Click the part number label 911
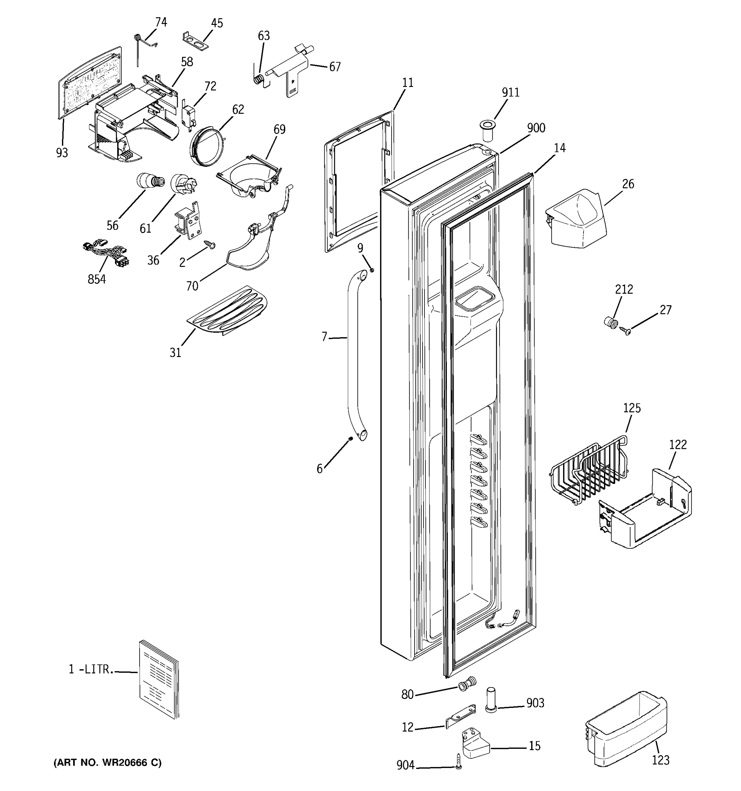coord(510,92)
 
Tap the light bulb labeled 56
coord(150,182)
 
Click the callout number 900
coord(536,128)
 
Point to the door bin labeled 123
coord(626,732)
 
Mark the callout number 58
coord(187,62)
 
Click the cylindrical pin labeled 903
coord(491,701)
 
